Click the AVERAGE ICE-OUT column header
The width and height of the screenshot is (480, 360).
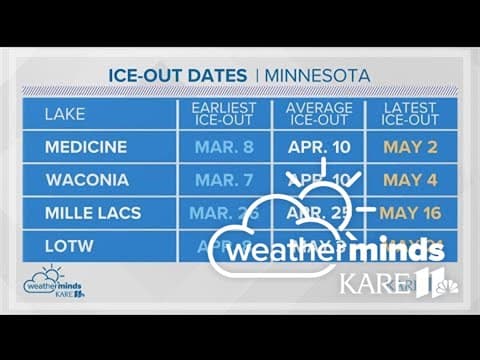coord(319,113)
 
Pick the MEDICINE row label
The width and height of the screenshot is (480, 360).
coord(86,148)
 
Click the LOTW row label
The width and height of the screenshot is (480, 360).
coord(66,244)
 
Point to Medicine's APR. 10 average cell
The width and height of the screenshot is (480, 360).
coord(319,148)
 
